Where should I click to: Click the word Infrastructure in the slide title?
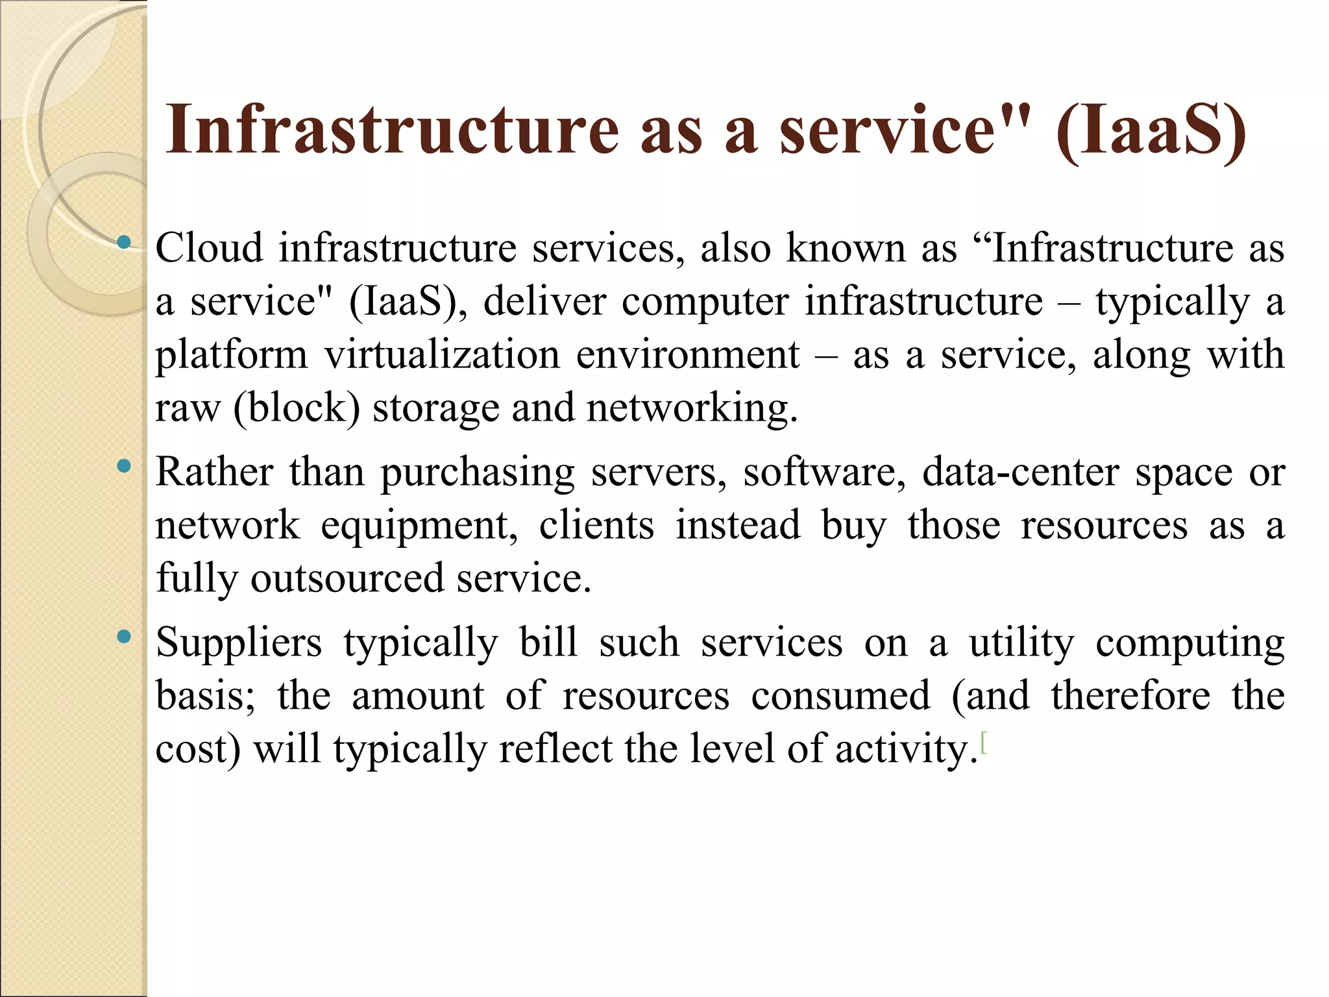click(x=392, y=130)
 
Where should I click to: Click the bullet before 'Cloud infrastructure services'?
click(x=123, y=243)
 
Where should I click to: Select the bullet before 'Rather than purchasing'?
click(x=123, y=466)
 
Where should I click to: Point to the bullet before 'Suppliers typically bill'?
click(x=123, y=637)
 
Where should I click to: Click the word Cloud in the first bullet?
click(x=209, y=248)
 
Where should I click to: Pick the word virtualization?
click(x=442, y=355)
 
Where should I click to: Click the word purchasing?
click(x=478, y=473)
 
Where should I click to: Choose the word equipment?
click(x=419, y=526)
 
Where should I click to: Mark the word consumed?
click(x=840, y=696)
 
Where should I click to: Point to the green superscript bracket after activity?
click(x=984, y=742)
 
